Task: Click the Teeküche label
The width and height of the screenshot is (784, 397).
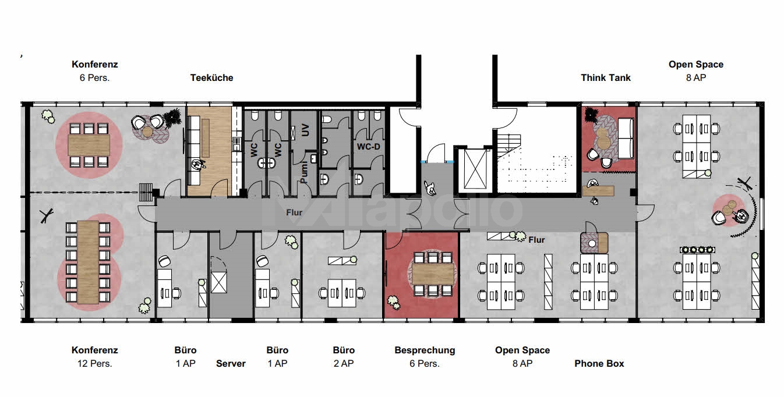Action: click(x=211, y=77)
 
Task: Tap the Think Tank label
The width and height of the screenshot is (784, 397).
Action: click(x=606, y=77)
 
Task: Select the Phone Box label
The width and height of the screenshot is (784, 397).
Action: click(x=599, y=363)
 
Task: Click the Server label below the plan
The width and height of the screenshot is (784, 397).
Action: click(x=231, y=363)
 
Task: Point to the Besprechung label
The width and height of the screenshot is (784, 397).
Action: click(x=425, y=350)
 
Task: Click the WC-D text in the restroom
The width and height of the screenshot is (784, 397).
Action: click(x=368, y=146)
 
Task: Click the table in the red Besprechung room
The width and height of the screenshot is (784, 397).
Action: click(x=432, y=271)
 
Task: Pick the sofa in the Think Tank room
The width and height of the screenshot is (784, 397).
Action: click(x=626, y=137)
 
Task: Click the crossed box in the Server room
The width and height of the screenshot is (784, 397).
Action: click(x=220, y=283)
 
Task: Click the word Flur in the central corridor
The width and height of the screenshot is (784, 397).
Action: click(x=294, y=212)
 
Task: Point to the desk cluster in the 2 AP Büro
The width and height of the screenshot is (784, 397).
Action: click(x=342, y=290)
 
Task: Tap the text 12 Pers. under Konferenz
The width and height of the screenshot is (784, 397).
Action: click(x=94, y=363)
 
